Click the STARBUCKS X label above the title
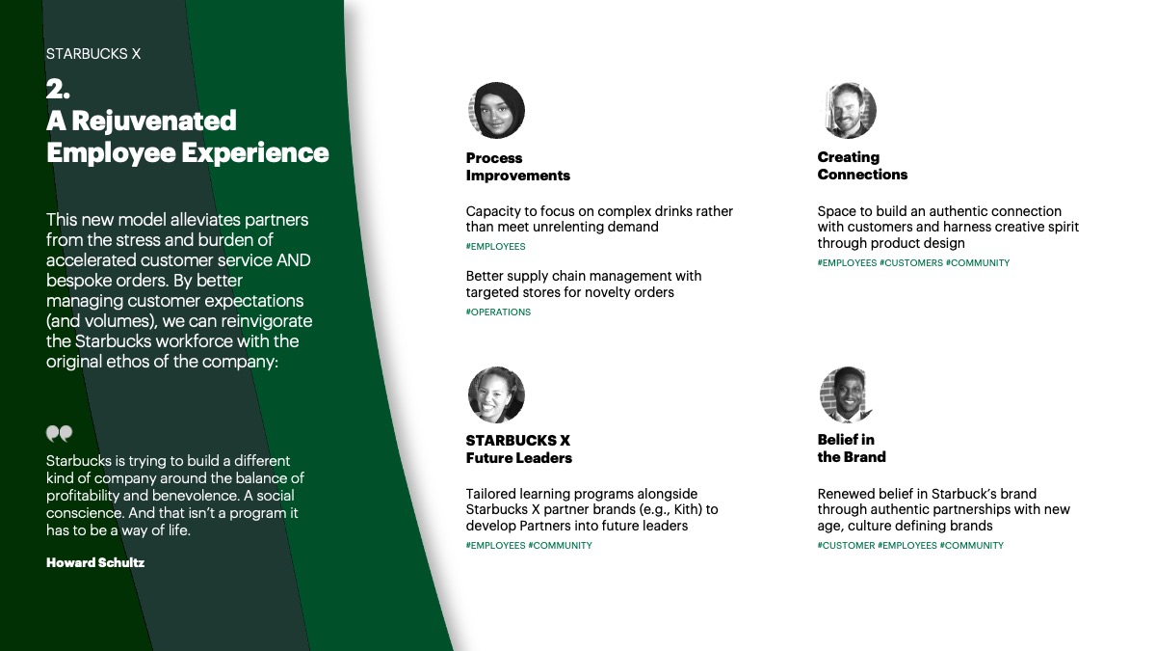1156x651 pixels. click(93, 54)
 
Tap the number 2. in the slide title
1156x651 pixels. click(58, 89)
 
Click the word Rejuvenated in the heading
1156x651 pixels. click(154, 121)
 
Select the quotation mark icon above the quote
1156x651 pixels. click(60, 433)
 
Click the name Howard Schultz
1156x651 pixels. click(95, 562)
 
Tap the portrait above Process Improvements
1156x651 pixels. click(496, 110)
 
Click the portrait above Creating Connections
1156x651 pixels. click(848, 110)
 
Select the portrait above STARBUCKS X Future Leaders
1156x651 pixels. click(496, 394)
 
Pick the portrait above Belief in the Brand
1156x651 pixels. click(847, 394)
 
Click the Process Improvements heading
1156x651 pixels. click(517, 166)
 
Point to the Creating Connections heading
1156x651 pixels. click(862, 165)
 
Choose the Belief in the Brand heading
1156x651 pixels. click(852, 448)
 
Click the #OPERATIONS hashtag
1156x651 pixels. click(498, 312)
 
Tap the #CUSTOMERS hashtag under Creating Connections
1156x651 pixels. click(911, 263)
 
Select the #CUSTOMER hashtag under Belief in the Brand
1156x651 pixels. click(847, 546)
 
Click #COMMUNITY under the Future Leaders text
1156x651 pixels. click(560, 546)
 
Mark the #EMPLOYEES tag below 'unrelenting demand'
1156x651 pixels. click(495, 247)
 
